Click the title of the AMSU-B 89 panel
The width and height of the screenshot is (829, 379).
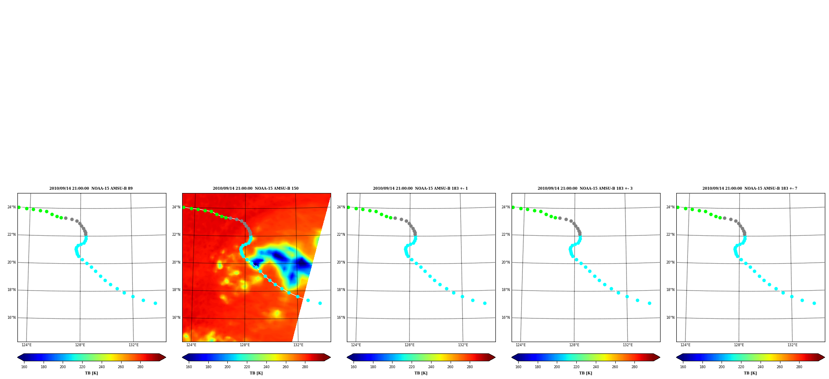(91, 188)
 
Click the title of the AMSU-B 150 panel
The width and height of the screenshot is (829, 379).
(256, 188)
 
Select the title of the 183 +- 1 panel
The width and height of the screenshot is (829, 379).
(420, 188)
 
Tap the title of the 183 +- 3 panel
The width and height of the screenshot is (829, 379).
(585, 188)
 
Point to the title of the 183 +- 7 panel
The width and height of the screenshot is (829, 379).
(750, 188)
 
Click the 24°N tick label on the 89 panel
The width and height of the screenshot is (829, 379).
(12, 207)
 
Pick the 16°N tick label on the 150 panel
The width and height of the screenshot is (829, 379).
(176, 318)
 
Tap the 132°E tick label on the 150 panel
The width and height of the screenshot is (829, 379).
(298, 345)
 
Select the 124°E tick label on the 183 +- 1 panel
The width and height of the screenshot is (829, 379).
(356, 345)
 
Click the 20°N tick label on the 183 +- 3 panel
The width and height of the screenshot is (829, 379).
(506, 262)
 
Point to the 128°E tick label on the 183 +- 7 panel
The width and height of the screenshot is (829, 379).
(739, 345)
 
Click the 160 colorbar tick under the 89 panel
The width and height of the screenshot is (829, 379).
(24, 367)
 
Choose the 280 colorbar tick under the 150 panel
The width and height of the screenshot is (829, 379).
(305, 367)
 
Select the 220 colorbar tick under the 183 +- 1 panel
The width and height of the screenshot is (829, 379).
(412, 367)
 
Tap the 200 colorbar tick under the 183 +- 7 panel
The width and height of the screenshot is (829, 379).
(722, 367)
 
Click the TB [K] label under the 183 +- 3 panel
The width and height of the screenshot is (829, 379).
(585, 373)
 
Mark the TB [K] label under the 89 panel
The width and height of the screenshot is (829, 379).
(91, 373)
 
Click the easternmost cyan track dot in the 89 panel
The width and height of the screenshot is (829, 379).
(155, 303)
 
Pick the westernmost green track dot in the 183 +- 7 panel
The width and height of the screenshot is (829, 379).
(678, 207)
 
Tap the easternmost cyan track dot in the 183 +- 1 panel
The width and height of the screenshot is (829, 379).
(485, 303)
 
